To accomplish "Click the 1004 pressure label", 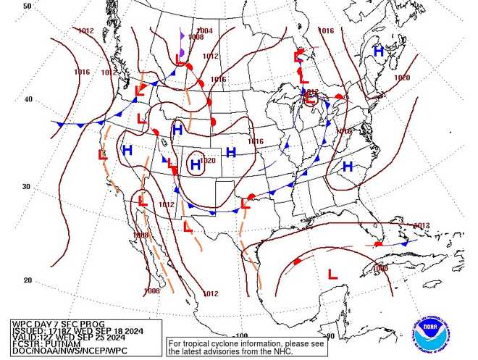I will (205, 31).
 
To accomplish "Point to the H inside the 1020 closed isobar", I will (195, 166).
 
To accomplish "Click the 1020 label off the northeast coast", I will (401, 78).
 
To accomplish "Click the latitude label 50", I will (27, 6).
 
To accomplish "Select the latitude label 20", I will (27, 280).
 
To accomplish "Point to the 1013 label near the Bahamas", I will (422, 225).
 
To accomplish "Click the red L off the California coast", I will (103, 154).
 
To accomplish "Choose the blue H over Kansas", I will (231, 152).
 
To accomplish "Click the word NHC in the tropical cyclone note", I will (259, 351).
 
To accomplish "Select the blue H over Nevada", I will (127, 150).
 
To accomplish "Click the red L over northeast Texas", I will (246, 204).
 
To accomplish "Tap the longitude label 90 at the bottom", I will (330, 336).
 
